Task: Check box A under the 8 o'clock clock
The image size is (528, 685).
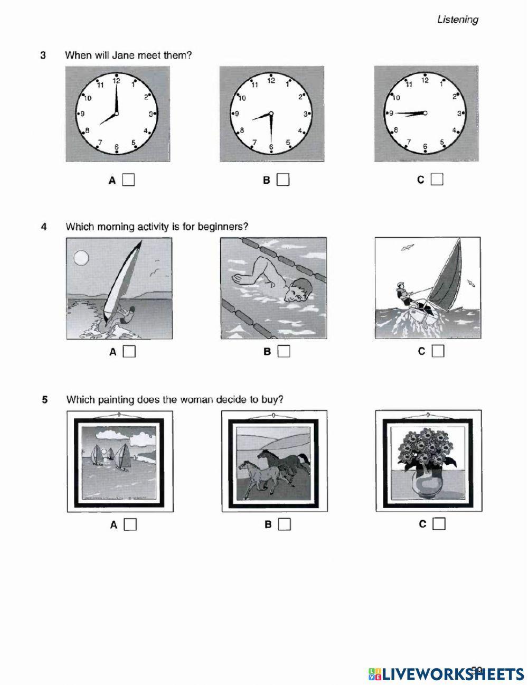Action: point(128,180)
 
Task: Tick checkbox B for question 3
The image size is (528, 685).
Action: point(284,180)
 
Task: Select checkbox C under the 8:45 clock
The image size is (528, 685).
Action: point(437,180)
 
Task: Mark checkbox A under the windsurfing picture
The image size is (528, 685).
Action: point(129,351)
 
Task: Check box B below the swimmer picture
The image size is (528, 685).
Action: point(284,351)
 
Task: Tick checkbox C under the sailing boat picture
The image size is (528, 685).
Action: point(438,351)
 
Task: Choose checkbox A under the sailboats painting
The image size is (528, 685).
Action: point(130,524)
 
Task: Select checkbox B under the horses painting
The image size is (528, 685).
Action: point(285,524)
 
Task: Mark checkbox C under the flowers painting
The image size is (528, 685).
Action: point(439,524)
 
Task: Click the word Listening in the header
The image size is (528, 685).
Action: point(457,20)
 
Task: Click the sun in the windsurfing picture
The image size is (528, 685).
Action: point(80,257)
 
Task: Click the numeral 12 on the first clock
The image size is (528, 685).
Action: point(116,81)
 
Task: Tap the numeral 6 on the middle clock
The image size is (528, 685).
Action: point(271,147)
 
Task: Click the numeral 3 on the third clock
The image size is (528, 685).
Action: point(460,113)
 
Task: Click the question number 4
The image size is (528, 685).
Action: point(44,227)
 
